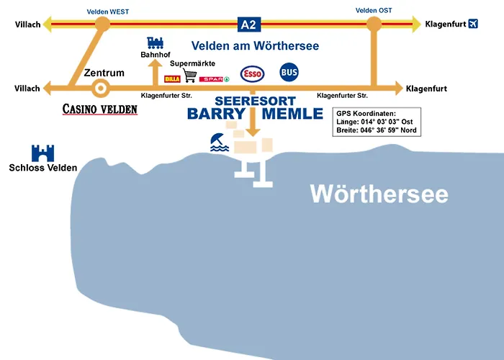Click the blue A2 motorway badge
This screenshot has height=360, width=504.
pyautogui.click(x=248, y=24)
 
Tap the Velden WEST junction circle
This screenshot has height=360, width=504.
pyautogui.click(x=103, y=24)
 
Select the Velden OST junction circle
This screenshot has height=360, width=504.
pyautogui.click(x=374, y=24)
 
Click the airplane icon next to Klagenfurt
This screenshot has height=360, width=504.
pyautogui.click(x=473, y=24)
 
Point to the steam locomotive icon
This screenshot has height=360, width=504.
pyautogui.click(x=155, y=43)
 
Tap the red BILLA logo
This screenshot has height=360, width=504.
pyautogui.click(x=172, y=78)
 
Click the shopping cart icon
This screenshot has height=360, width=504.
pyautogui.click(x=191, y=75)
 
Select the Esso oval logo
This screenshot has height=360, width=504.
pyautogui.click(x=252, y=74)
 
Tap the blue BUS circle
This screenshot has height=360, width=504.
pyautogui.click(x=289, y=73)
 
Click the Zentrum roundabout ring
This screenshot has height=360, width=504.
pyautogui.click(x=100, y=89)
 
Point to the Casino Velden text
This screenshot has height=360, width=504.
pyautogui.click(x=100, y=109)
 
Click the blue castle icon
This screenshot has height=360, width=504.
pyautogui.click(x=43, y=153)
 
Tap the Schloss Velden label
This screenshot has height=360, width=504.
pyautogui.click(x=43, y=168)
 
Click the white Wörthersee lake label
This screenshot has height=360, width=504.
pyautogui.click(x=379, y=193)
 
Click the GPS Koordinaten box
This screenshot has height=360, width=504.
pyautogui.click(x=377, y=122)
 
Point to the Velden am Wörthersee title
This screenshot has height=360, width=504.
pyautogui.click(x=255, y=45)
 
